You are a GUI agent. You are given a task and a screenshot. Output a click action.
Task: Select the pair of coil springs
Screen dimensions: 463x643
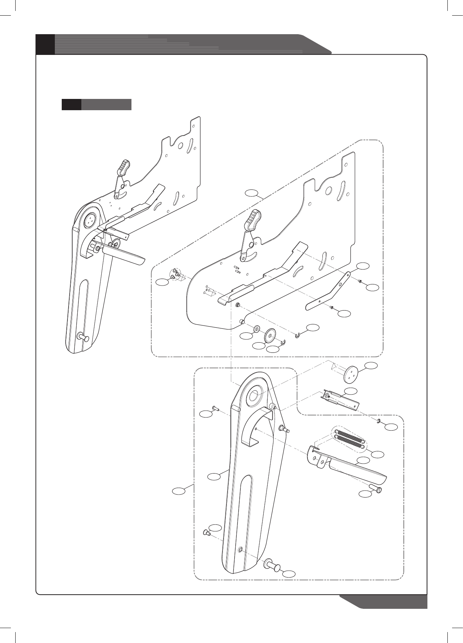349,438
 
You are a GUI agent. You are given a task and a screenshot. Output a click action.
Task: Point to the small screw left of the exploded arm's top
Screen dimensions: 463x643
214,408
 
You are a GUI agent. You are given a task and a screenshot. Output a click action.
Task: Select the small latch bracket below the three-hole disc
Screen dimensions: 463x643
340,399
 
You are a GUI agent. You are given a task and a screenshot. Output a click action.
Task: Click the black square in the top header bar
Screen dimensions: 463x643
45,44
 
